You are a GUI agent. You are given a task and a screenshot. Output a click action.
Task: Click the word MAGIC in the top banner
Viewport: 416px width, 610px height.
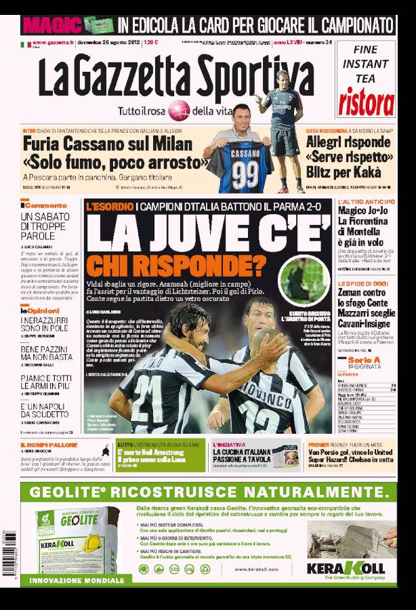pos(51,24)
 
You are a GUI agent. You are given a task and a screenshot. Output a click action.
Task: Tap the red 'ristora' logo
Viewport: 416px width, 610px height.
pos(366,102)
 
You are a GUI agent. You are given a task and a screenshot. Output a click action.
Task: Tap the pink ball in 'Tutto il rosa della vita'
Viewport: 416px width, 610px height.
pos(179,110)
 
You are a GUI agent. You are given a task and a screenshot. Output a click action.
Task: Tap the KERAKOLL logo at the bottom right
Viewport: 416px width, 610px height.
pos(346,567)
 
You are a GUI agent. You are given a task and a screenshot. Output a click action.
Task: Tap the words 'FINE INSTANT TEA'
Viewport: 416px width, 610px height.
pos(365,64)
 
